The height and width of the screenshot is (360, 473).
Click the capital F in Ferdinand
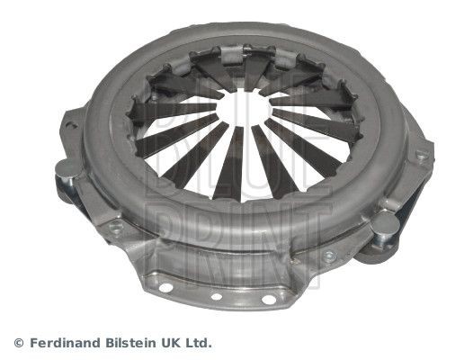pyautogui.click(x=34, y=343)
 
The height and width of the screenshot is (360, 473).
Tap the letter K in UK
pyautogui.click(x=179, y=343)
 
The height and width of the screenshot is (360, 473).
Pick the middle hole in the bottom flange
pyautogui.click(x=216, y=295)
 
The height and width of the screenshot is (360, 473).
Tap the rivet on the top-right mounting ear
pyautogui.click(x=420, y=154)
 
